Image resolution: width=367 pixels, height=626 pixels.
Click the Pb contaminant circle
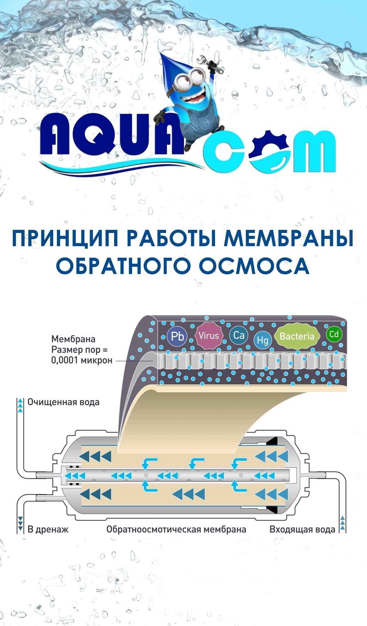coord(177,336)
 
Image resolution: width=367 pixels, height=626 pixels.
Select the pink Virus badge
coord(209,336)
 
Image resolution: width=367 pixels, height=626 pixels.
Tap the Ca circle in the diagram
coord(239,335)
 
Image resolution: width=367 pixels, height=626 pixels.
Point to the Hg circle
coord(263,340)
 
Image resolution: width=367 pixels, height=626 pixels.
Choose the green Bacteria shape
coord(297,336)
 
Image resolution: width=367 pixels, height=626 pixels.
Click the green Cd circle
coord(334,334)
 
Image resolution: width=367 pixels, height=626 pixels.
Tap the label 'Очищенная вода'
coord(63,402)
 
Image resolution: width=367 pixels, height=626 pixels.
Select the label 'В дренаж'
coord(48,529)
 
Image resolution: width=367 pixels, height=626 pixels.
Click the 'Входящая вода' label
coord(302,529)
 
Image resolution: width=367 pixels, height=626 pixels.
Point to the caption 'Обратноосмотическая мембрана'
coord(176,529)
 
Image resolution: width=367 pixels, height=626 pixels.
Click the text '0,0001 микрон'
coord(82,360)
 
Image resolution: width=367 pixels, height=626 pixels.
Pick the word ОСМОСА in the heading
coord(254,266)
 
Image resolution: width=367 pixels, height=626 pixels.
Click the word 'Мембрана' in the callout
coord(73,339)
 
